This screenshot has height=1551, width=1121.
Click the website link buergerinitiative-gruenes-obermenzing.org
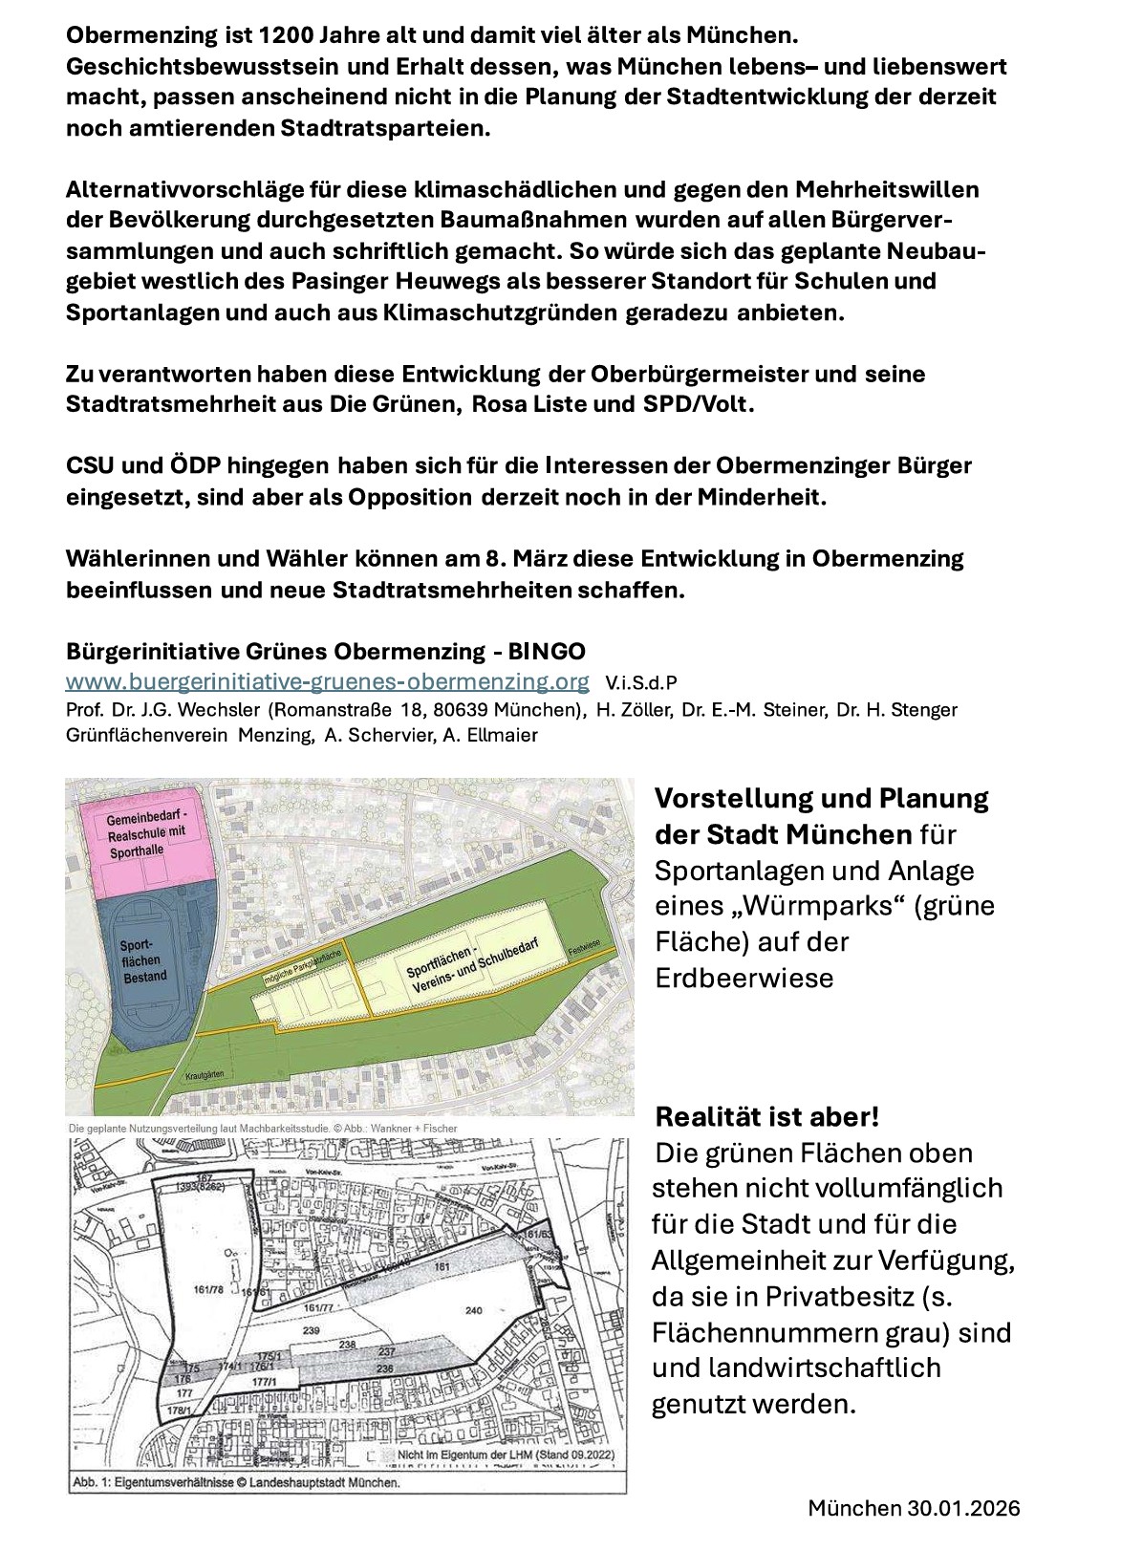pos(327,681)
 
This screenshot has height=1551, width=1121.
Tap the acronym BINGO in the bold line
pos(547,652)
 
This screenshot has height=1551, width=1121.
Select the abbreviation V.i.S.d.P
pos(641,682)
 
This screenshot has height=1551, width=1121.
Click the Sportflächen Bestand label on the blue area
pos(143,959)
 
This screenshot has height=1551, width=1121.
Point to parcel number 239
pos(311,1330)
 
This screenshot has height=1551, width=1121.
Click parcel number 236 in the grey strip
pos(386,1368)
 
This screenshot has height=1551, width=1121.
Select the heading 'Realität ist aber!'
pos(766,1116)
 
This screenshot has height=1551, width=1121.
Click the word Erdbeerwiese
pos(744,978)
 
